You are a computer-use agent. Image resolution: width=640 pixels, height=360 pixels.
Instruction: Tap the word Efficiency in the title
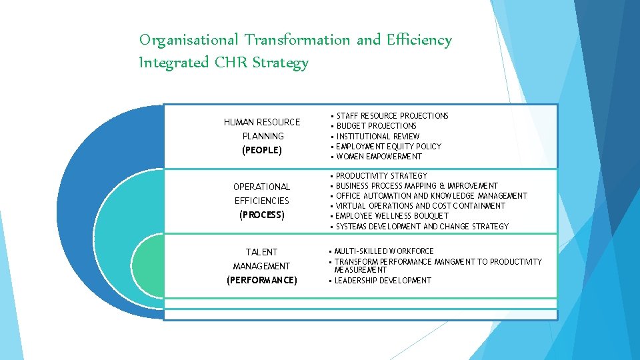pos(419,41)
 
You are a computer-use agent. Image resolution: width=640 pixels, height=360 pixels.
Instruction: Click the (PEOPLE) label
pos(262,150)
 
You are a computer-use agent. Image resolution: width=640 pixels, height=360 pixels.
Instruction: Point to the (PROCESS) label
pos(262,215)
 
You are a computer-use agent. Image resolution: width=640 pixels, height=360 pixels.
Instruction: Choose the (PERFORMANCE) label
pos(262,280)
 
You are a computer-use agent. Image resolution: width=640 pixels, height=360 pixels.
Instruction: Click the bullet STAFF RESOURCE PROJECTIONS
pos(392,116)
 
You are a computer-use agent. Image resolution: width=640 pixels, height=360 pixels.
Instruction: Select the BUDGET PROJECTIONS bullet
pos(376,126)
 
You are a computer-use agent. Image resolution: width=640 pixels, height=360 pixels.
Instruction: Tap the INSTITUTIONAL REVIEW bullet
pos(378,136)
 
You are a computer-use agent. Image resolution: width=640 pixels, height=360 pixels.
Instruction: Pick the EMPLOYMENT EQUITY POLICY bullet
pos(389,146)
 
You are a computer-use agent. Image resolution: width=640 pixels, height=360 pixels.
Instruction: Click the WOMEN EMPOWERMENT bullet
pos(379,157)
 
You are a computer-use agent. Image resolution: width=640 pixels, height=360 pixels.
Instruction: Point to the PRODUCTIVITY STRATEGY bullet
pos(381,176)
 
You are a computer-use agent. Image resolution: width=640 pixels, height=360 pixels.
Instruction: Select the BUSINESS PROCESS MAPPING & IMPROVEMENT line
pos(417,186)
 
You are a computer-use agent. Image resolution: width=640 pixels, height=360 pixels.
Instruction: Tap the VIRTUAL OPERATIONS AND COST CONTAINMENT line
pos(421,206)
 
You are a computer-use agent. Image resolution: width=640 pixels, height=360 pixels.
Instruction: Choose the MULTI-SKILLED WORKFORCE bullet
pos(383,251)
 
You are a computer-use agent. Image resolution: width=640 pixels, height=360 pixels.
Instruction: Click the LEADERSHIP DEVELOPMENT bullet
pos(383,281)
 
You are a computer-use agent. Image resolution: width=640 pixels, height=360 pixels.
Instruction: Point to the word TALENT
pos(262,252)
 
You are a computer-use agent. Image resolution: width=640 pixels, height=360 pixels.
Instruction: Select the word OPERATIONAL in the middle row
pos(262,187)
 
